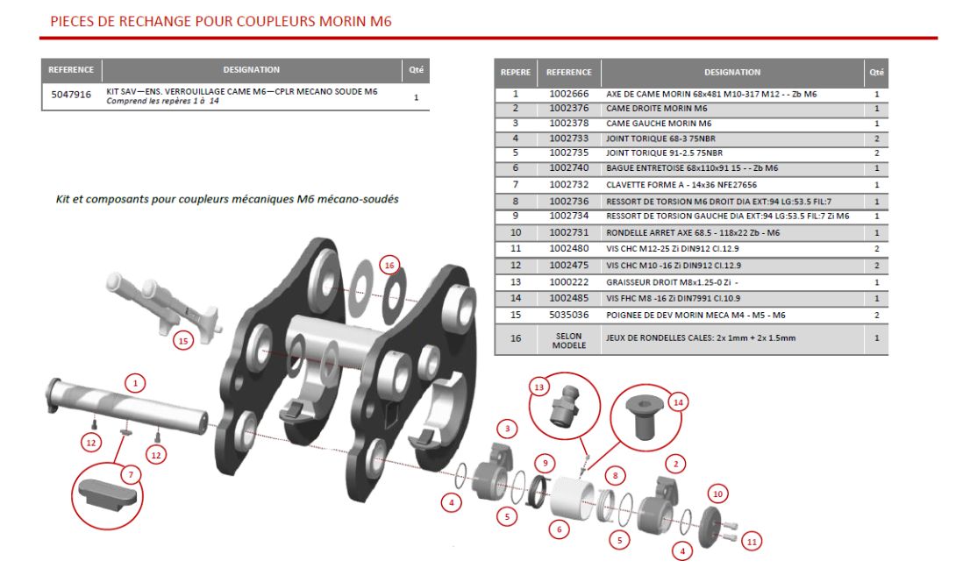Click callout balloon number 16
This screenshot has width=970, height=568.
point(390,265)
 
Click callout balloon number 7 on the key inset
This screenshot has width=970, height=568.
point(131,475)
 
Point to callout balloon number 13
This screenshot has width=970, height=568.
point(538,387)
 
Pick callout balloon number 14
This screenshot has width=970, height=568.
point(677,402)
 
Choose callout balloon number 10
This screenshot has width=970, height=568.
point(717,494)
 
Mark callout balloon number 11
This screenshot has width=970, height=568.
point(751,543)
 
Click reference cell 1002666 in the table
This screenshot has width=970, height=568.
point(569,94)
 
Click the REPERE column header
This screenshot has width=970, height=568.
point(516,72)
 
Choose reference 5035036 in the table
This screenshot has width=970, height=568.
point(569,313)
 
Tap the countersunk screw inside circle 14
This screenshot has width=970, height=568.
point(638,421)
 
